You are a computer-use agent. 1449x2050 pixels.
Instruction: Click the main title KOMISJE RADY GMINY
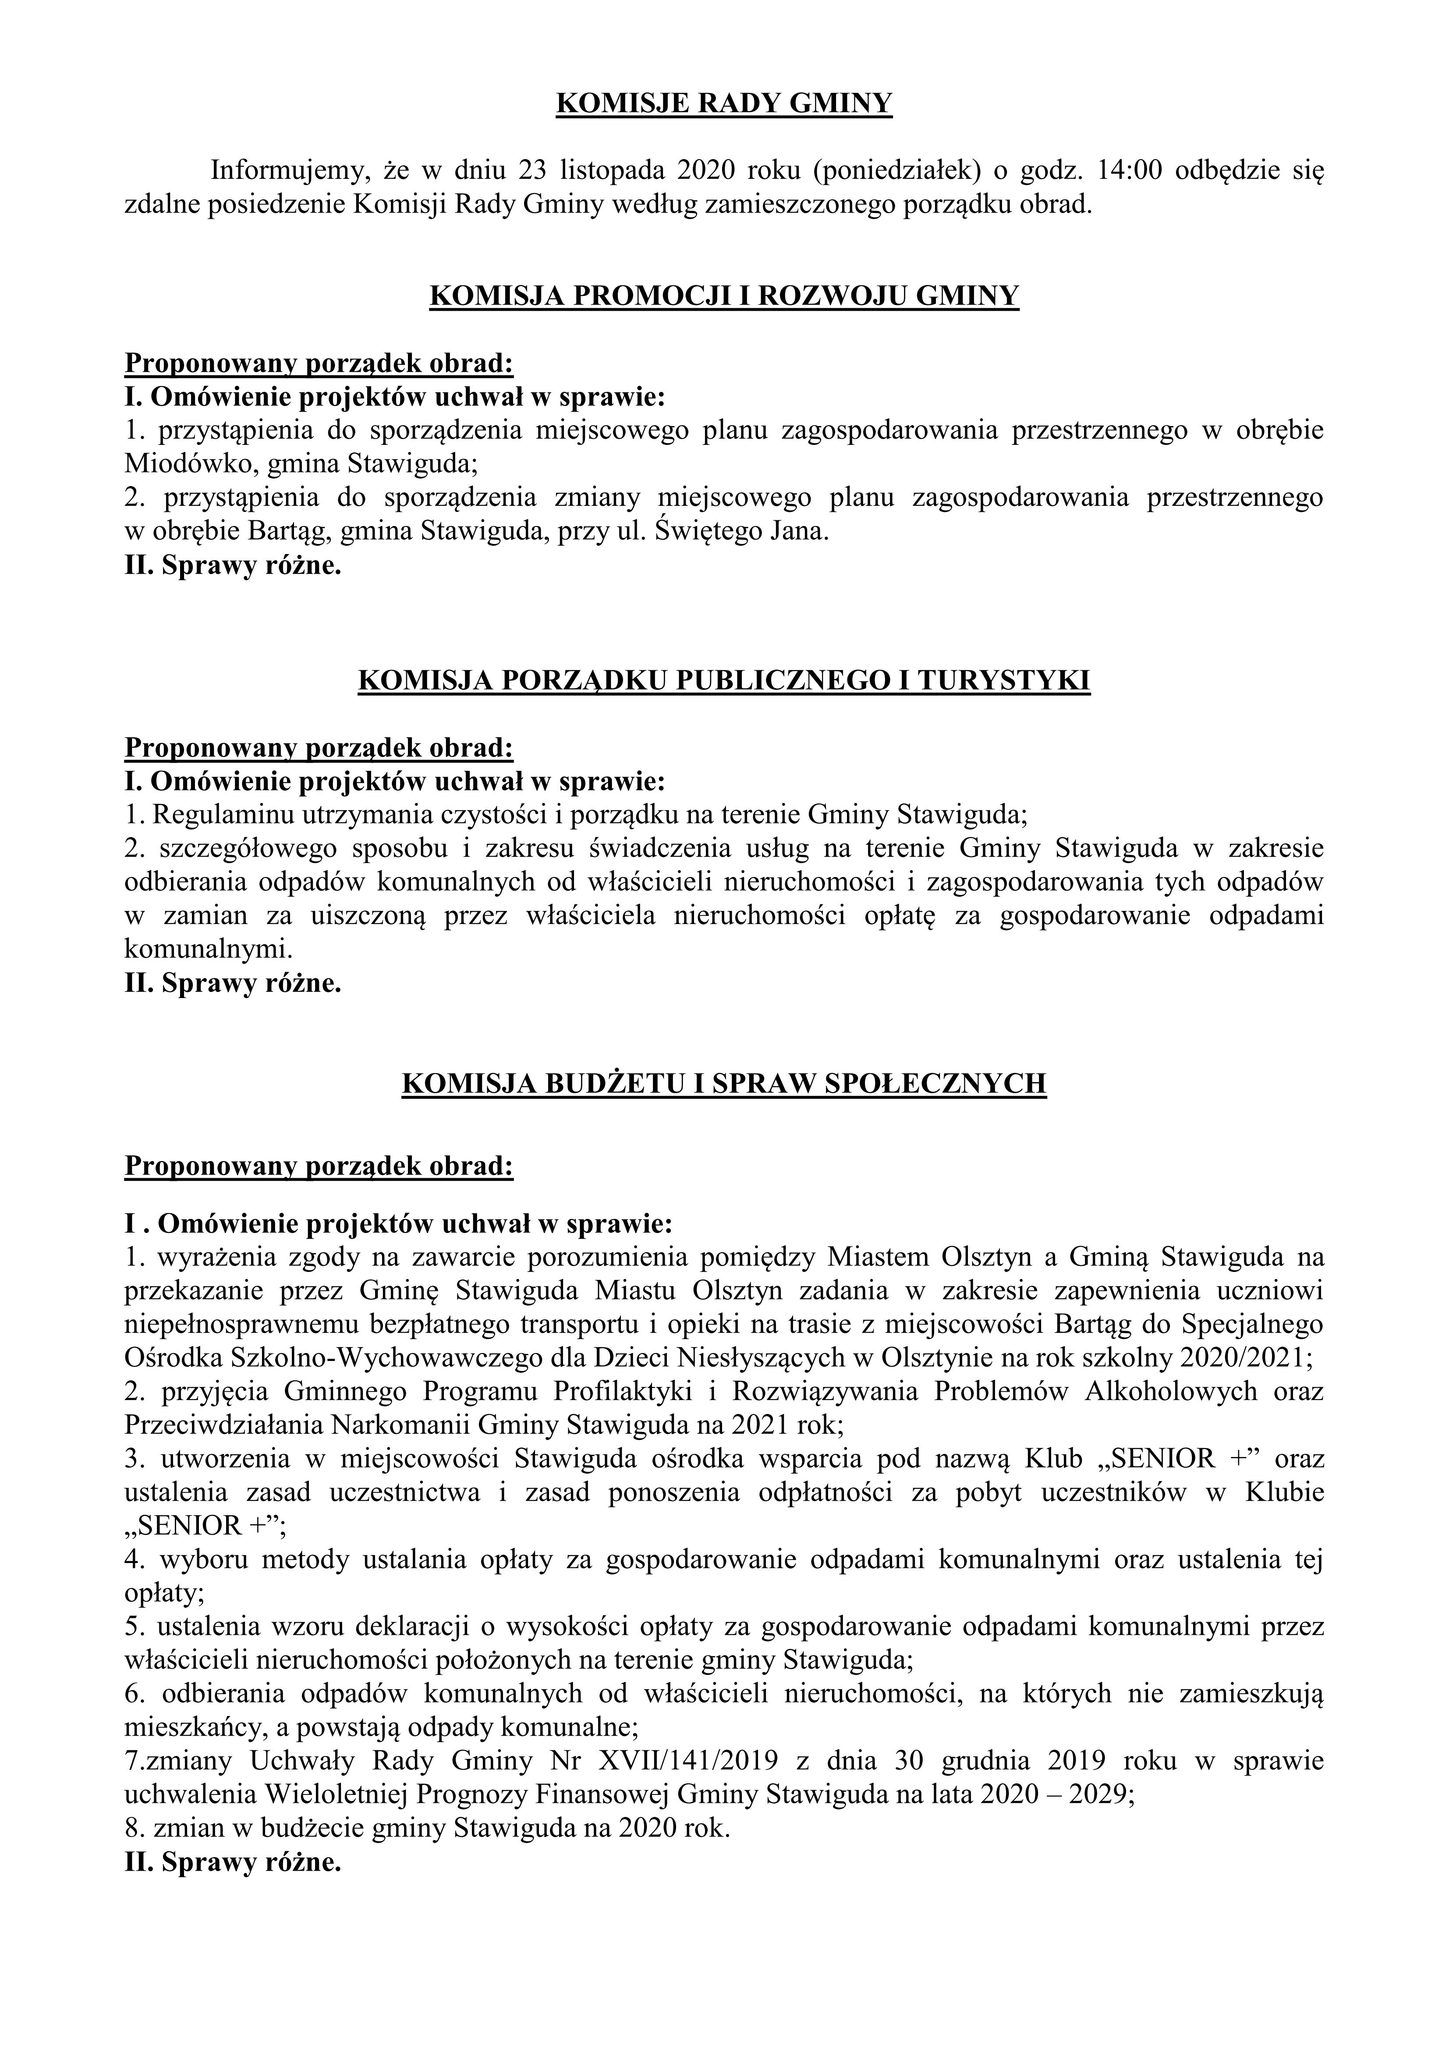click(724, 104)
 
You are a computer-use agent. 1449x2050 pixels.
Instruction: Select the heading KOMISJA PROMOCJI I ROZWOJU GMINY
click(724, 296)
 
